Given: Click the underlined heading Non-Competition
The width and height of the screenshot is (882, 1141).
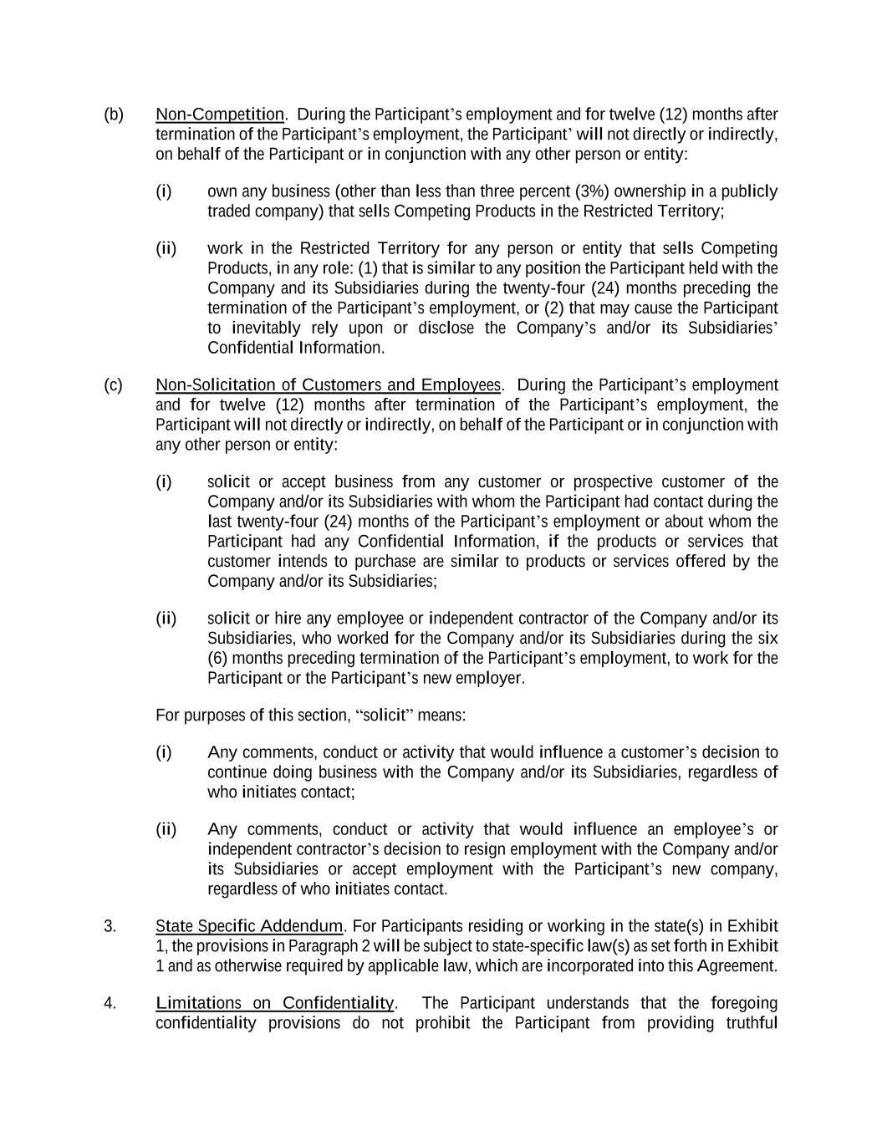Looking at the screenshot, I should click(220, 115).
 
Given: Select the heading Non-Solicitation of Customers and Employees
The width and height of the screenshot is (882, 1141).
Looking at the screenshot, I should click(328, 385).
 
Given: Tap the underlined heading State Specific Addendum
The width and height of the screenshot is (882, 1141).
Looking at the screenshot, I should click(249, 926).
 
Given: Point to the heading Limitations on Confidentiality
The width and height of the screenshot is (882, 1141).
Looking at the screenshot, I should click(274, 1003).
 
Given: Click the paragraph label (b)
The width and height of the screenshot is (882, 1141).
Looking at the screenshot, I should click(114, 115).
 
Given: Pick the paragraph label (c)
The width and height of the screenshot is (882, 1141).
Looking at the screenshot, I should click(114, 385).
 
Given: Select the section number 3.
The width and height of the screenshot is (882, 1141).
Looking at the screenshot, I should click(110, 926).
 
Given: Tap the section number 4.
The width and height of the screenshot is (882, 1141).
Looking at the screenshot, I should click(110, 1003).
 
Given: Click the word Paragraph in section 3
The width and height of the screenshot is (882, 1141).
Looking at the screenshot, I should click(322, 946).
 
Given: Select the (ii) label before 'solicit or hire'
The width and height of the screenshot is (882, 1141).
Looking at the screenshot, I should click(166, 619).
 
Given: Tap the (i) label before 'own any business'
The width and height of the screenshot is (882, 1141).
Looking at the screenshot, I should click(164, 191).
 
